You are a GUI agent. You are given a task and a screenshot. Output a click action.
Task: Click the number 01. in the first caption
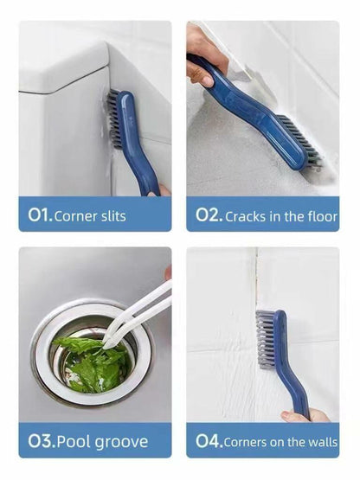click(x=38, y=215)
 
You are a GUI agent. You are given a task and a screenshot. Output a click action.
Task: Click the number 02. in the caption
click(x=207, y=215)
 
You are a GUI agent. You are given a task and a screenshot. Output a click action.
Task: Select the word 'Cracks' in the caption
click(x=247, y=216)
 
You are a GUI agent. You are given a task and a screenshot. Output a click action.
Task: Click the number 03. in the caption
click(x=39, y=442)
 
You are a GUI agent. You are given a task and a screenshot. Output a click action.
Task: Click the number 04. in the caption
click(x=208, y=442)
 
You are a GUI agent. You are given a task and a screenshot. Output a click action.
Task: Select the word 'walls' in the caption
click(x=320, y=443)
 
